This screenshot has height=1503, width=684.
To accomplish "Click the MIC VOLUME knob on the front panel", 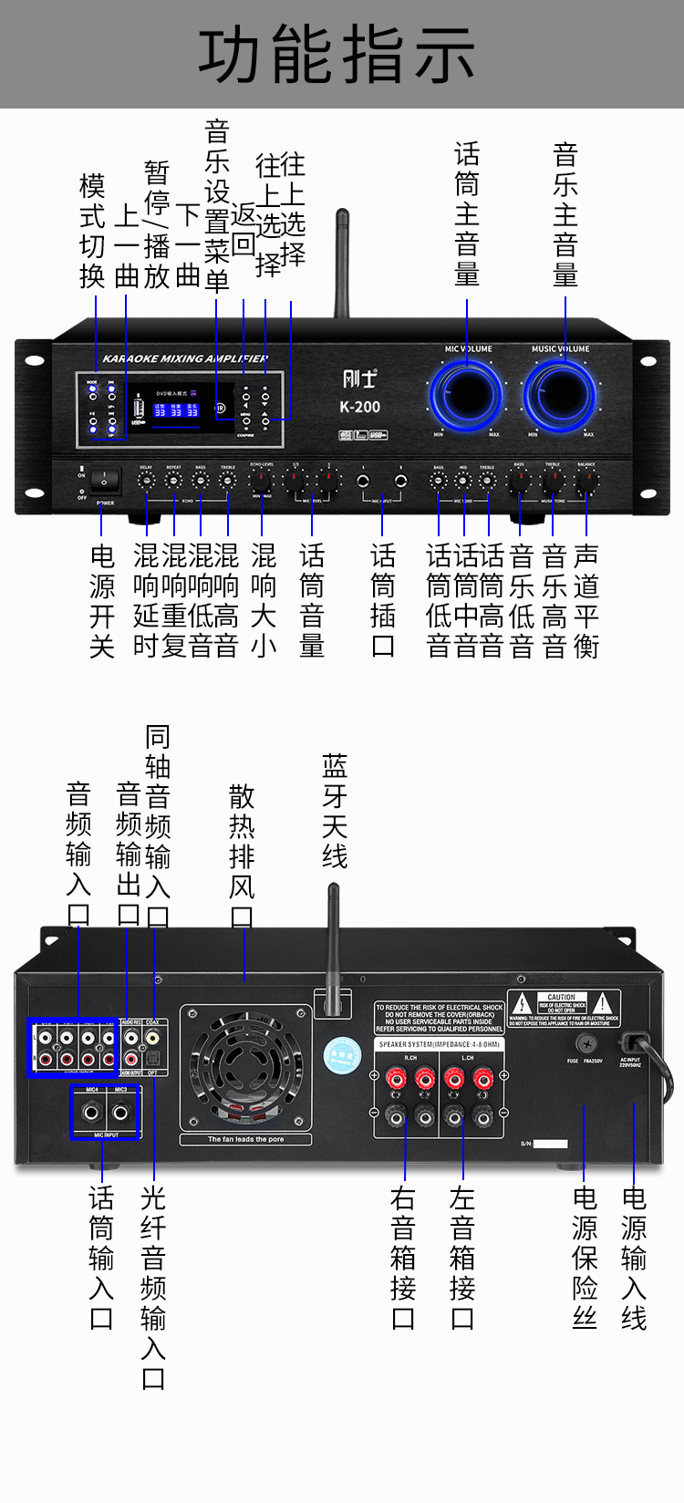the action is (x=467, y=395).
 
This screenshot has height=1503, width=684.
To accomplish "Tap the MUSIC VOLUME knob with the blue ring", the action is (x=561, y=395).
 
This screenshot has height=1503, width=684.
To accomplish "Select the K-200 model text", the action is (x=359, y=407).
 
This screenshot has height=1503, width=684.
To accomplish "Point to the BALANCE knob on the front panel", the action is (x=586, y=482).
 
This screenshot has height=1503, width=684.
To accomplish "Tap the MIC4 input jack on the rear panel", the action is (x=91, y=1113).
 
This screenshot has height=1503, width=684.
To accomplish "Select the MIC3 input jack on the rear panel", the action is (x=120, y=1113).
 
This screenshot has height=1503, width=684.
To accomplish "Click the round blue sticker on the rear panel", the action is (x=343, y=1054).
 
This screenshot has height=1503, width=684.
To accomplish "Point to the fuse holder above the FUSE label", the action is (x=586, y=1042).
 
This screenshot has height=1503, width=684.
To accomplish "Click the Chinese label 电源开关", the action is (x=102, y=600).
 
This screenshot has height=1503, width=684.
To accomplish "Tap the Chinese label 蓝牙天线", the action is (x=334, y=810).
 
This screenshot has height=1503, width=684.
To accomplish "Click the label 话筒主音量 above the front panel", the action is (x=467, y=214).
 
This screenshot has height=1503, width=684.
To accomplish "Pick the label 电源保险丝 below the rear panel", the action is (x=585, y=1257).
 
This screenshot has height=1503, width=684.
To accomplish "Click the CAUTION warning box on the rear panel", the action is (x=563, y=1008).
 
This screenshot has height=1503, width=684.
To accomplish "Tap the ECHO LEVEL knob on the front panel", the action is (x=262, y=482).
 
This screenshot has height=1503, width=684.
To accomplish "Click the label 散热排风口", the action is (x=242, y=855).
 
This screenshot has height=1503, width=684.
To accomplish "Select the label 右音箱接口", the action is (x=403, y=1257).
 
